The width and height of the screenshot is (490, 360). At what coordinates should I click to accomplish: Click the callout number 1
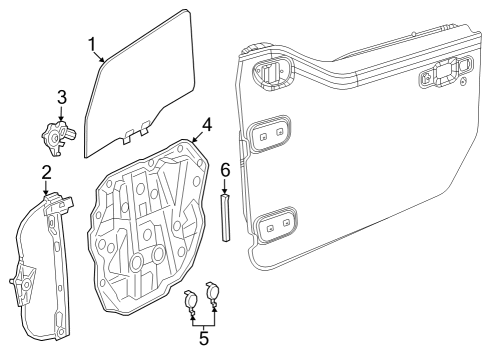(x=92, y=43)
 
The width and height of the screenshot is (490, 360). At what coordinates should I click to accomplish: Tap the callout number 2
(x=47, y=173)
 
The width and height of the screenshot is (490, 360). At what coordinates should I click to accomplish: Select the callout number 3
(x=61, y=97)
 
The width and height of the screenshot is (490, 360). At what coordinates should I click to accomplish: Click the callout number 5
(x=204, y=337)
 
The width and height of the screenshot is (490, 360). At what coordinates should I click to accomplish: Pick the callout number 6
(x=225, y=169)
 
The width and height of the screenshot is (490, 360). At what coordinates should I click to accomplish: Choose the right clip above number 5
(x=212, y=292)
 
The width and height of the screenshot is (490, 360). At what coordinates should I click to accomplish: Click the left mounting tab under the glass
(x=129, y=134)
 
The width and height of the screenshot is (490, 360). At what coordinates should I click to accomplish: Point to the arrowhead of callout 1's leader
(x=106, y=62)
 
